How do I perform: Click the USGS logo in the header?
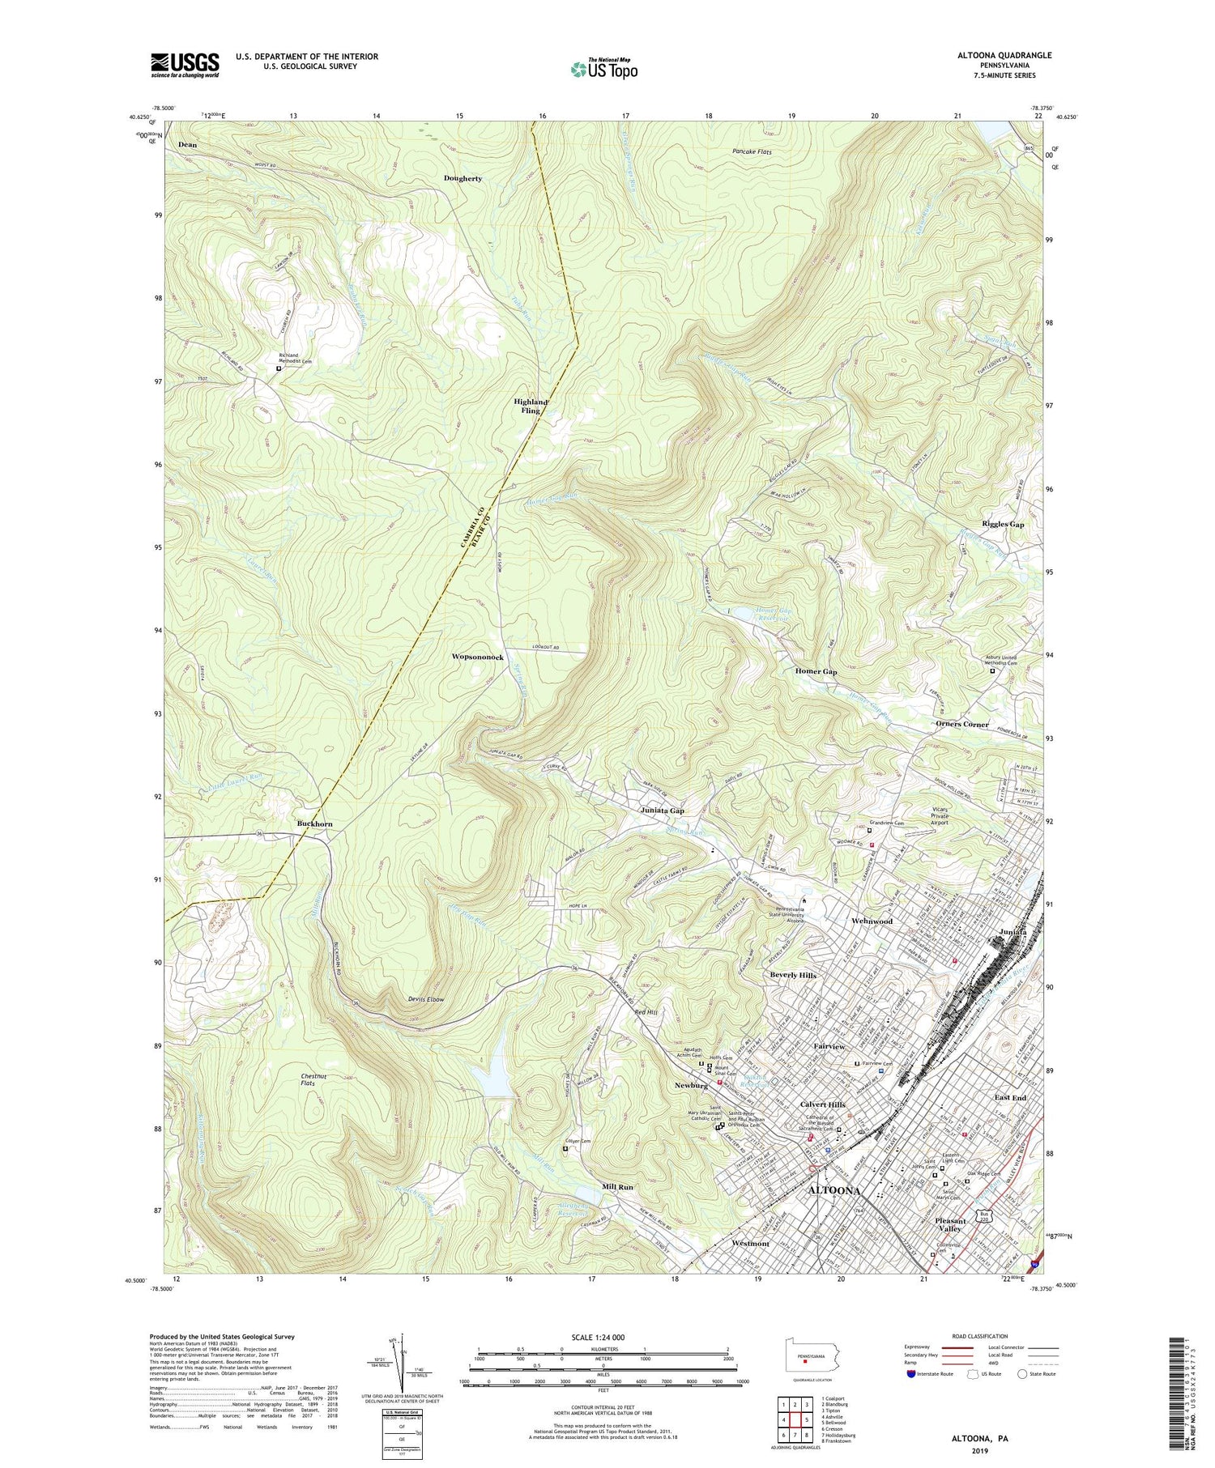pyautogui.click(x=185, y=65)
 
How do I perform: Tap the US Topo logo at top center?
pyautogui.click(x=603, y=69)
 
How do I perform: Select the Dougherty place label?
pyautogui.click(x=463, y=178)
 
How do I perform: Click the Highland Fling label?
pyautogui.click(x=531, y=406)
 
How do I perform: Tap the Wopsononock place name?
pyautogui.click(x=478, y=657)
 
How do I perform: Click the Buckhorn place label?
pyautogui.click(x=314, y=823)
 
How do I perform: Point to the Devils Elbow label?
pyautogui.click(x=426, y=1000)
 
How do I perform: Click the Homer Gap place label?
pyautogui.click(x=816, y=672)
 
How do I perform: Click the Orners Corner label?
pyautogui.click(x=962, y=724)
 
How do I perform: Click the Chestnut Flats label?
pyautogui.click(x=308, y=1079)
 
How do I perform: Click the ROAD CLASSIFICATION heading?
pyautogui.click(x=980, y=1336)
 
